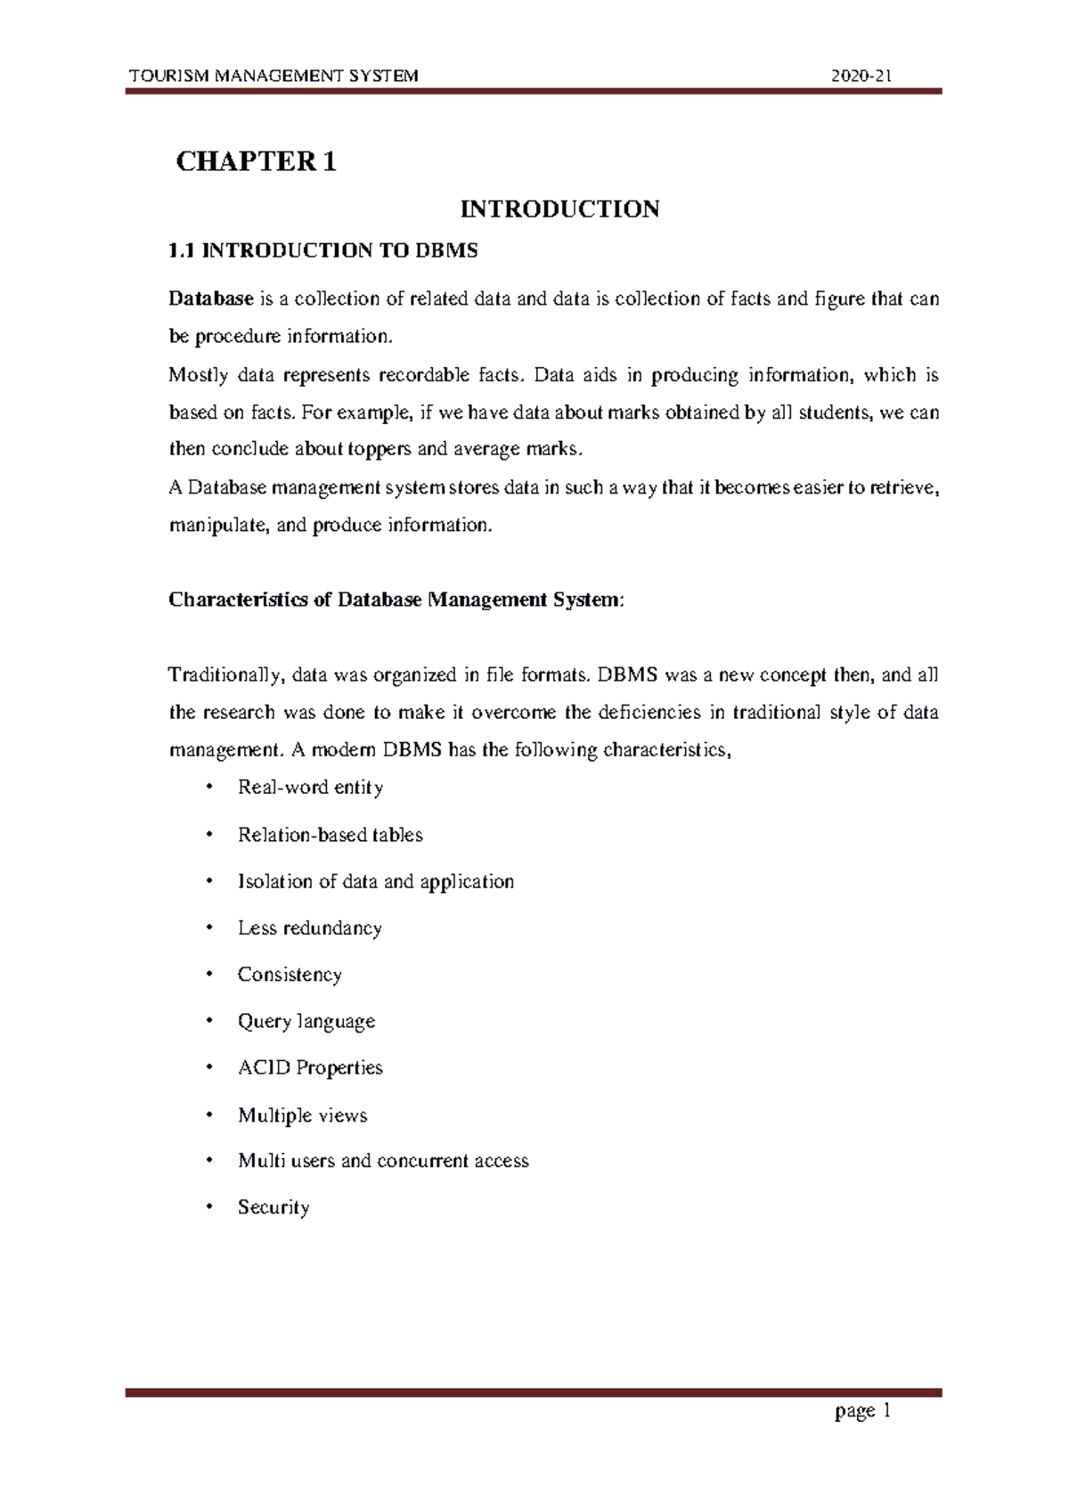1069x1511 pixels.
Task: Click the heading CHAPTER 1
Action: (x=257, y=162)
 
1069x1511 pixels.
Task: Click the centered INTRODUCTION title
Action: (x=559, y=209)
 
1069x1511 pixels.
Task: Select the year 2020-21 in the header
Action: (x=861, y=76)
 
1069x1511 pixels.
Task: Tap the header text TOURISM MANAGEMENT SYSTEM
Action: (x=273, y=76)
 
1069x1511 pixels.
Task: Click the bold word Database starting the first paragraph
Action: (x=211, y=299)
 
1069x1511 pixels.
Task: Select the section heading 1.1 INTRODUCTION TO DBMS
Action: (x=323, y=251)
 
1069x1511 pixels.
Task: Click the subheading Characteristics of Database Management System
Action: (x=397, y=600)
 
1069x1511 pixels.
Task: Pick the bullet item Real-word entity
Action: (x=310, y=788)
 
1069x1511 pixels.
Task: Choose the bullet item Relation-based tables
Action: (x=330, y=835)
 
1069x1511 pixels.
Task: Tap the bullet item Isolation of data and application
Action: (x=375, y=882)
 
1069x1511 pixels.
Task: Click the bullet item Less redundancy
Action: (x=309, y=928)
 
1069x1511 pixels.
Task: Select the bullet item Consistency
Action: (x=290, y=975)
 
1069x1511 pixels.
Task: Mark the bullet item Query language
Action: (x=306, y=1021)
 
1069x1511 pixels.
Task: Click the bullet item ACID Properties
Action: (x=310, y=1067)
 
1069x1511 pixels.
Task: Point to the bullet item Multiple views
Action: (x=302, y=1115)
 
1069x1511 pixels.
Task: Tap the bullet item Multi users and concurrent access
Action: (x=383, y=1161)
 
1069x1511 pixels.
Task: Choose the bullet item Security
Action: (x=273, y=1207)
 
